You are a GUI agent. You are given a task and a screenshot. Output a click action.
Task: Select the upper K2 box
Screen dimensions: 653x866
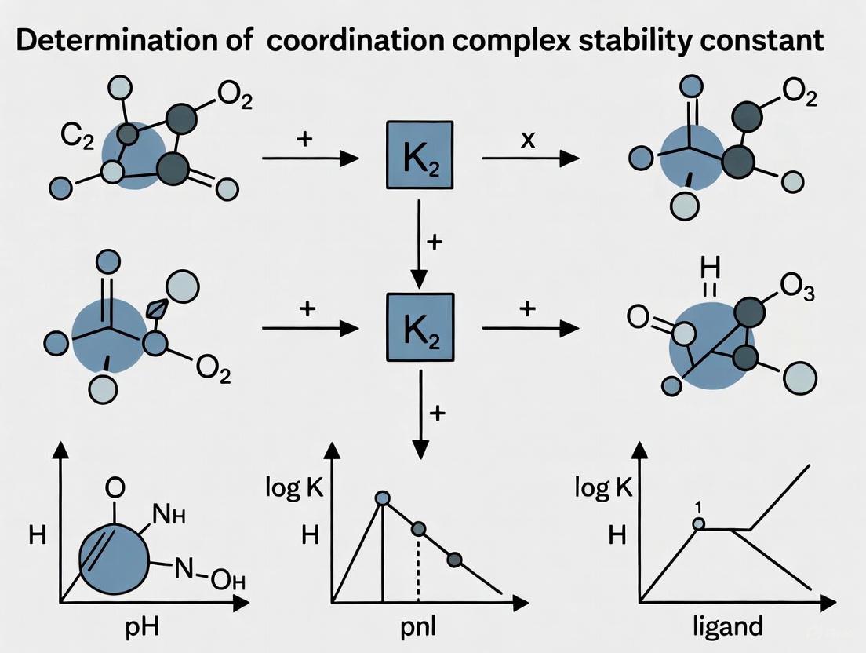pos(419,155)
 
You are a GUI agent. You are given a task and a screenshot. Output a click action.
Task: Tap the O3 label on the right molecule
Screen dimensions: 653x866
pos(798,292)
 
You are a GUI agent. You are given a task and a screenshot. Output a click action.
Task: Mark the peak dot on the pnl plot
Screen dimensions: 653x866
pos(382,498)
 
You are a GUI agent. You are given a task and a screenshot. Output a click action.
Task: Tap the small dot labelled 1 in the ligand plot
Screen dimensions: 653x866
pos(698,523)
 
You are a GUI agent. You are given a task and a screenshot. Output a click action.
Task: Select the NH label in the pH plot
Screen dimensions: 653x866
pos(171,518)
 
